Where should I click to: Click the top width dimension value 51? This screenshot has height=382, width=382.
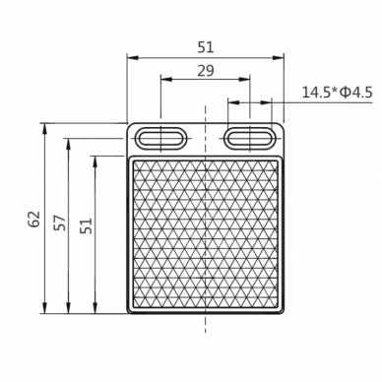pyautogui.click(x=206, y=47)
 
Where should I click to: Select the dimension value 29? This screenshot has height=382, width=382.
pyautogui.click(x=206, y=71)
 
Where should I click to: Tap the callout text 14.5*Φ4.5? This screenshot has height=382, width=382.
pyautogui.click(x=337, y=93)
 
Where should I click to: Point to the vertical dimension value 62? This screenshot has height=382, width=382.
pyautogui.click(x=34, y=219)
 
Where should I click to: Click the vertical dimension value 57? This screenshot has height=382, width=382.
pyautogui.click(x=60, y=223)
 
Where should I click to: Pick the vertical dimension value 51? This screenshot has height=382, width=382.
pyautogui.click(x=87, y=225)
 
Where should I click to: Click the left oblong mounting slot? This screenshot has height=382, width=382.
pyautogui.click(x=160, y=138)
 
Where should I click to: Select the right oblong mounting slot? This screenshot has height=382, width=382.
pyautogui.click(x=250, y=138)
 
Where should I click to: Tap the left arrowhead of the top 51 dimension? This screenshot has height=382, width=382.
pyautogui.click(x=132, y=58)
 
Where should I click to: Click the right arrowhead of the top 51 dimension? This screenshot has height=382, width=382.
pyautogui.click(x=278, y=58)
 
